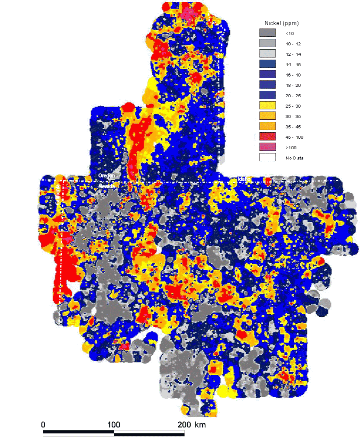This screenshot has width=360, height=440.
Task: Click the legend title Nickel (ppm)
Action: point(282,22)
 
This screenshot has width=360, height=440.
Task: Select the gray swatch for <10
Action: point(267,33)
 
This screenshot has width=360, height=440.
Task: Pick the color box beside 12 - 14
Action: point(267,54)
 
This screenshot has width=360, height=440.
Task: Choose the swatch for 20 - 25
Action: point(267,95)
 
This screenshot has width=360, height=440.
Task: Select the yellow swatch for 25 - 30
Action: point(267,105)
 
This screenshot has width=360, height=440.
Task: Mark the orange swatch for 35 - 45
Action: point(267,126)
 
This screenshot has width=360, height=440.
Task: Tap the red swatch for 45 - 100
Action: point(267,137)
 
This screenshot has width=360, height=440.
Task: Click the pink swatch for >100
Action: point(267,147)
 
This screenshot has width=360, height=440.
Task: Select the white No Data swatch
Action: point(267,157)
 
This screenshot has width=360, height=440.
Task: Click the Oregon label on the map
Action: point(106,176)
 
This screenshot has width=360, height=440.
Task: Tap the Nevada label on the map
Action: point(106,185)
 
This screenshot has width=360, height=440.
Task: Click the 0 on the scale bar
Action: point(43,424)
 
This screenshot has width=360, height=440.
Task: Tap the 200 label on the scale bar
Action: point(184,424)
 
